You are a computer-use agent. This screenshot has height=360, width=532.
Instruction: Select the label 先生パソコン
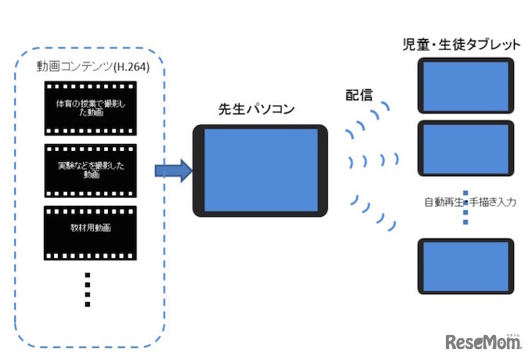tap(257, 110)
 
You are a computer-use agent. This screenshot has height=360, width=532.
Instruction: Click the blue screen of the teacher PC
tap(261, 169)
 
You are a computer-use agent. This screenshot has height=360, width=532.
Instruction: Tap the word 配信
tap(358, 95)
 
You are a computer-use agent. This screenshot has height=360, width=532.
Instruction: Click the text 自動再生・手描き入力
tap(468, 203)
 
